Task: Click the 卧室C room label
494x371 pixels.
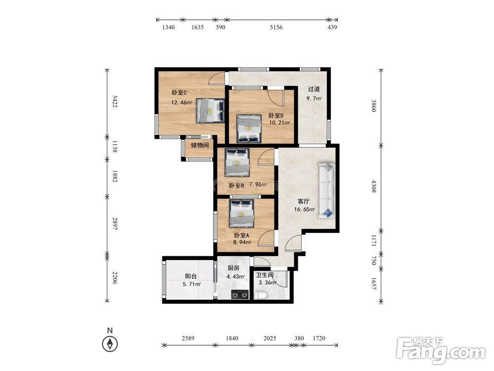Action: pos(179,93)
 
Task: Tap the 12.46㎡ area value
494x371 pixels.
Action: pos(181,102)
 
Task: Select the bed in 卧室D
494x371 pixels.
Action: pos(249,129)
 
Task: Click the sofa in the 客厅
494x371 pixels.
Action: pos(326,190)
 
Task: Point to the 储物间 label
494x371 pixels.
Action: pos(200,145)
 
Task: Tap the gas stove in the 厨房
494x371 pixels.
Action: pos(240,294)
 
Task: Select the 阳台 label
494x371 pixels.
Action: pos(191,277)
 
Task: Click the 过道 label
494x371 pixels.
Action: pos(314,89)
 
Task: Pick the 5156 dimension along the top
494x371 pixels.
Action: pos(276,27)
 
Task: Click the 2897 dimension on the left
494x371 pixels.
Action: pos(115,224)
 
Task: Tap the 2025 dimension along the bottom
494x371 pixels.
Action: pos(270,338)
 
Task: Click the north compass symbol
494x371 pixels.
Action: pos(110,344)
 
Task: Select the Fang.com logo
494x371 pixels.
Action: pos(441,350)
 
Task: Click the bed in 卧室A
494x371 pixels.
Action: pos(242,213)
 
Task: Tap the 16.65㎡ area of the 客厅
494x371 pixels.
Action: pos(305,209)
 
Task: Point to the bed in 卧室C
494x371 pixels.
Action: pos(210,110)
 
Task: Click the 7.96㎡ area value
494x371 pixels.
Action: pos(258,185)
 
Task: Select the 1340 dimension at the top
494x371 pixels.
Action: pos(168,27)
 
